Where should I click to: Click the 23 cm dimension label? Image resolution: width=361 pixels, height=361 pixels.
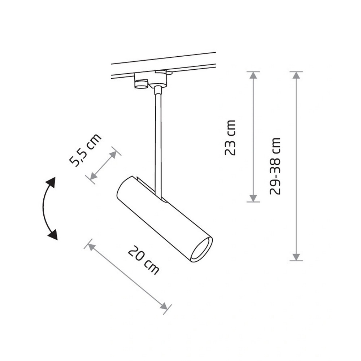click(x=230, y=138)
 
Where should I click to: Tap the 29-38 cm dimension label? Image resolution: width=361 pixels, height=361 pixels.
click(x=275, y=166)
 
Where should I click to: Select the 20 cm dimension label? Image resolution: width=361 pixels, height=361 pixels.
click(x=143, y=260)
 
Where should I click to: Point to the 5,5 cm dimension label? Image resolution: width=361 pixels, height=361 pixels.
click(x=85, y=149)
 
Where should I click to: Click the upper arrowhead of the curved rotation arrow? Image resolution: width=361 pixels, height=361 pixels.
click(x=51, y=183)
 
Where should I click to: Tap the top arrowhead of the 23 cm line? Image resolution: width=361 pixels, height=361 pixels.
click(x=253, y=75)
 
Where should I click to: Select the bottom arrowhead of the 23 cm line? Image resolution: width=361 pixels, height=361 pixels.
click(x=253, y=198)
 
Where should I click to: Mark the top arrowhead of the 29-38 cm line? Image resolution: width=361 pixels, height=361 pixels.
click(x=296, y=75)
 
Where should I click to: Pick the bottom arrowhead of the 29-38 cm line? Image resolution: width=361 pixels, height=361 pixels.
click(x=296, y=257)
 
